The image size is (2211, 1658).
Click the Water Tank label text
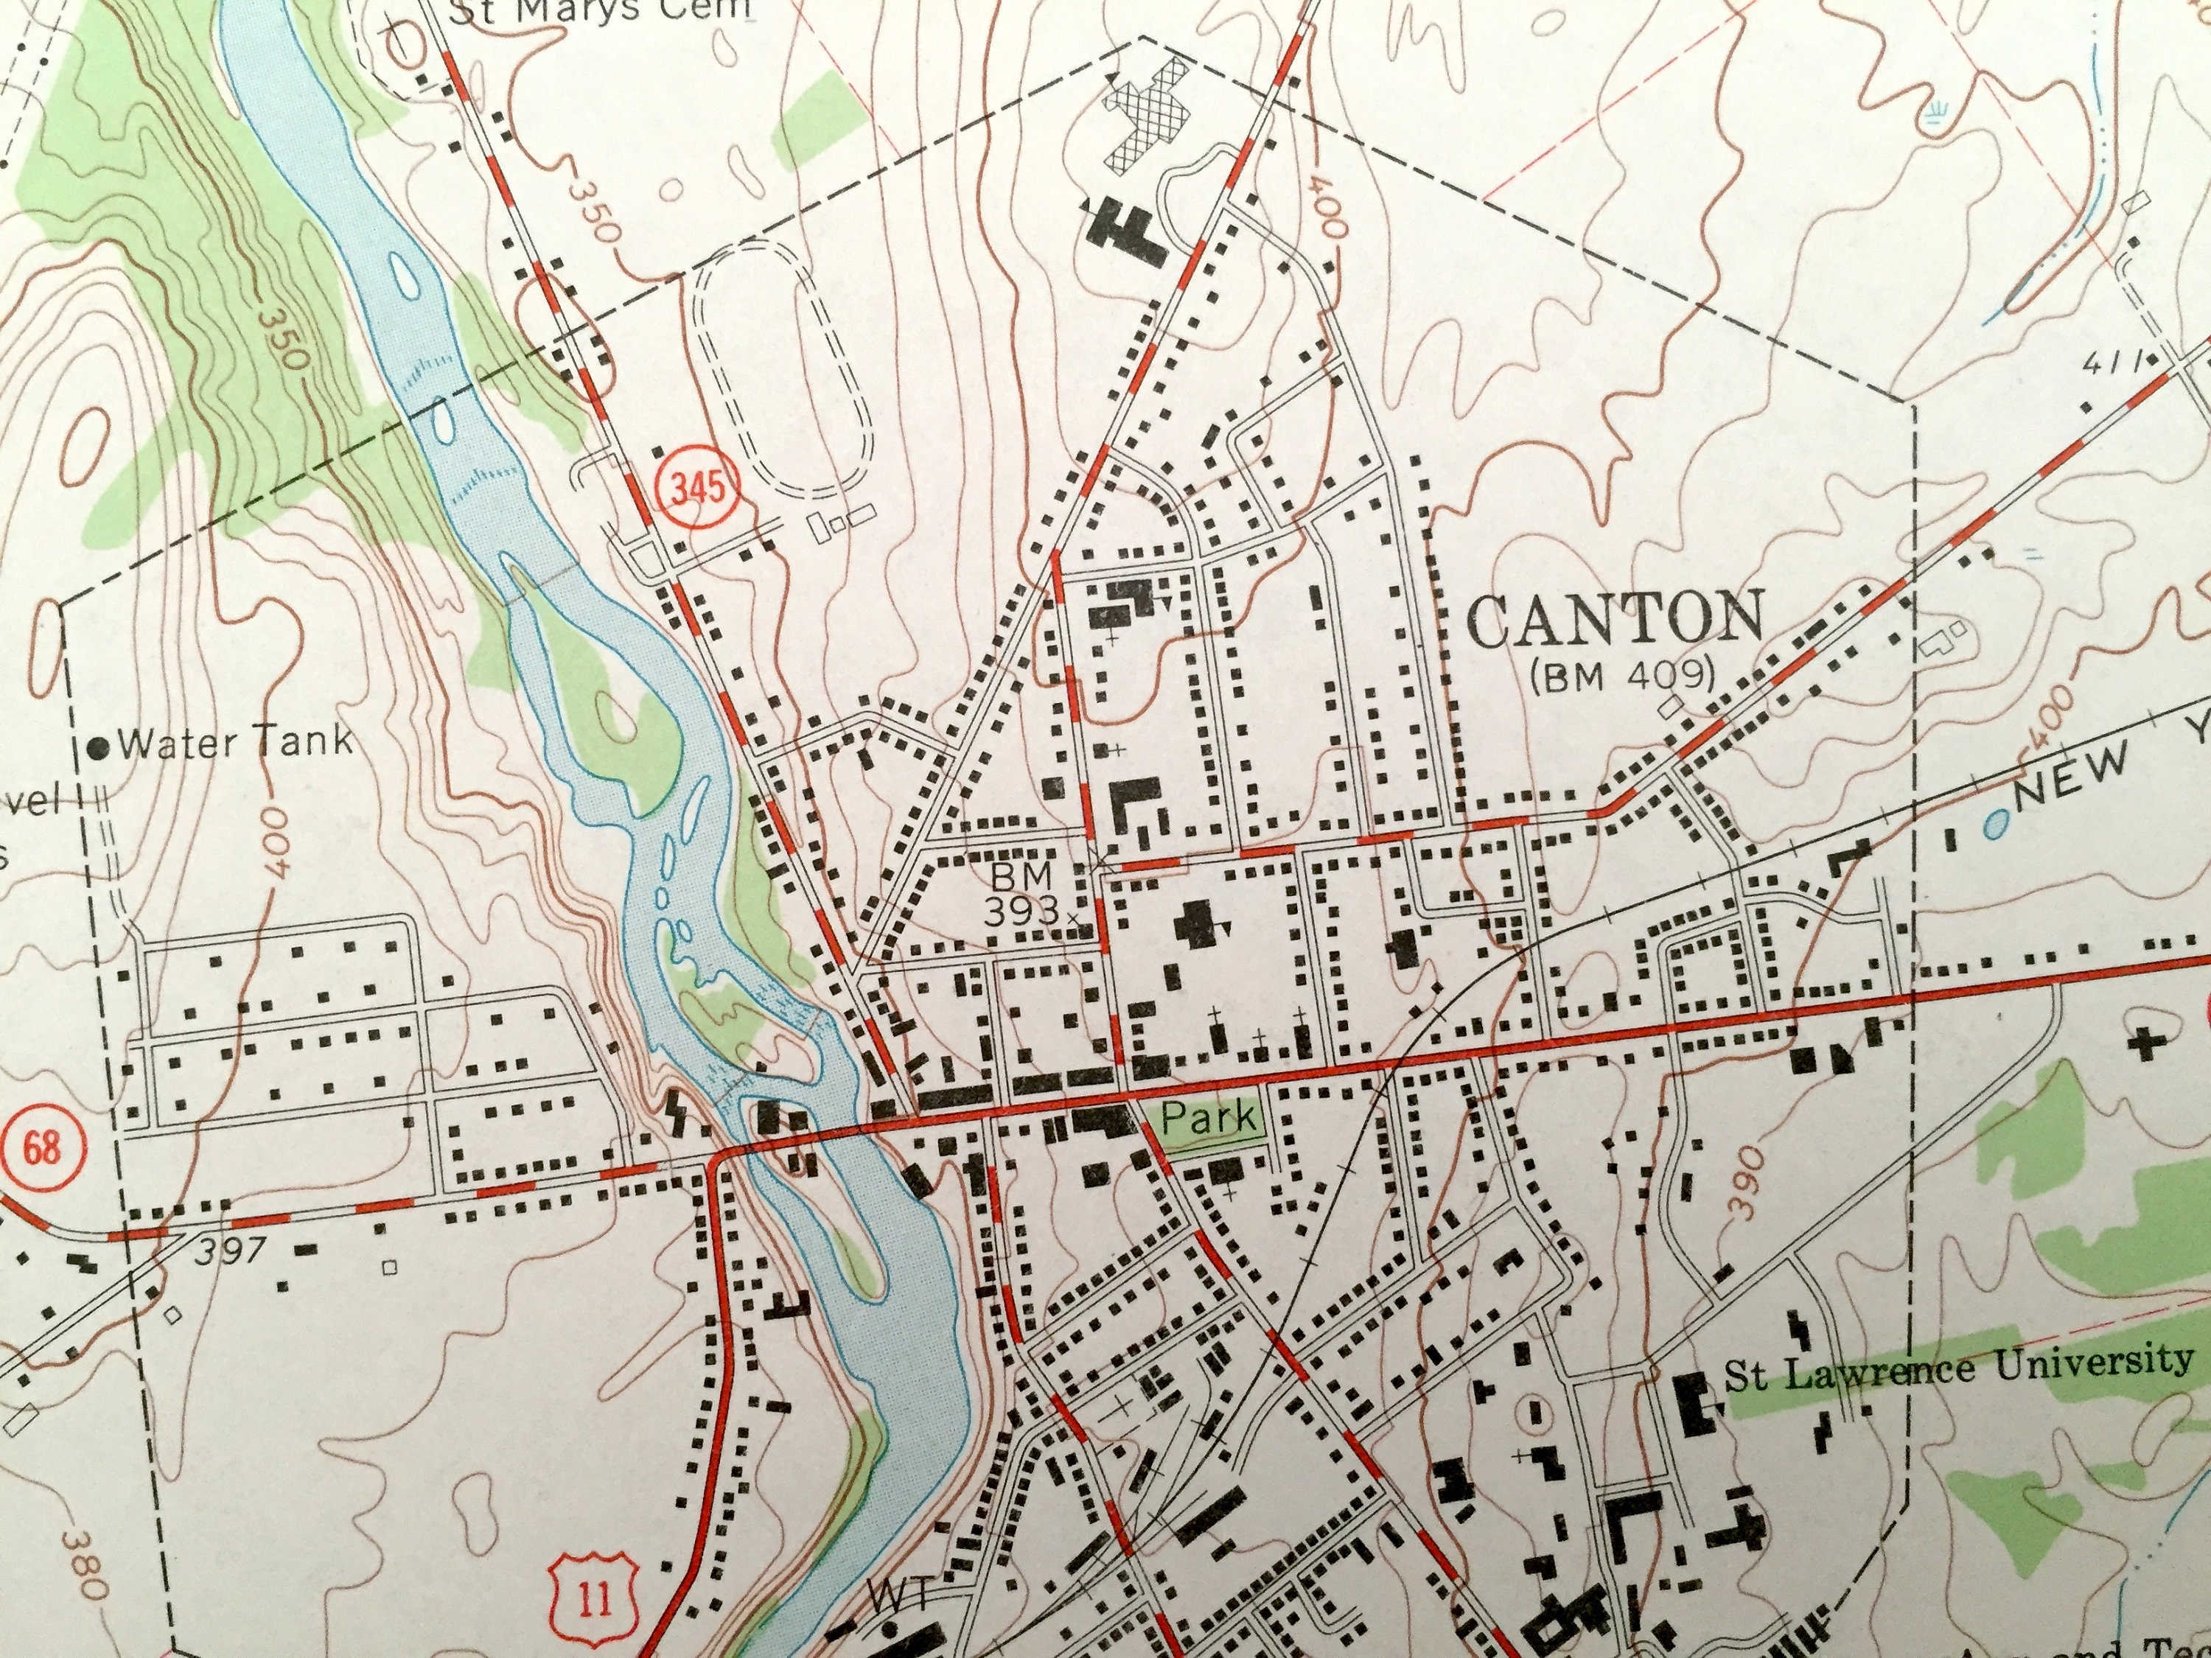pos(235,741)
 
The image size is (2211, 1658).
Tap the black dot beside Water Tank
pos(99,746)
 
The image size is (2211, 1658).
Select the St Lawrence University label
pos(1959,1367)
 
